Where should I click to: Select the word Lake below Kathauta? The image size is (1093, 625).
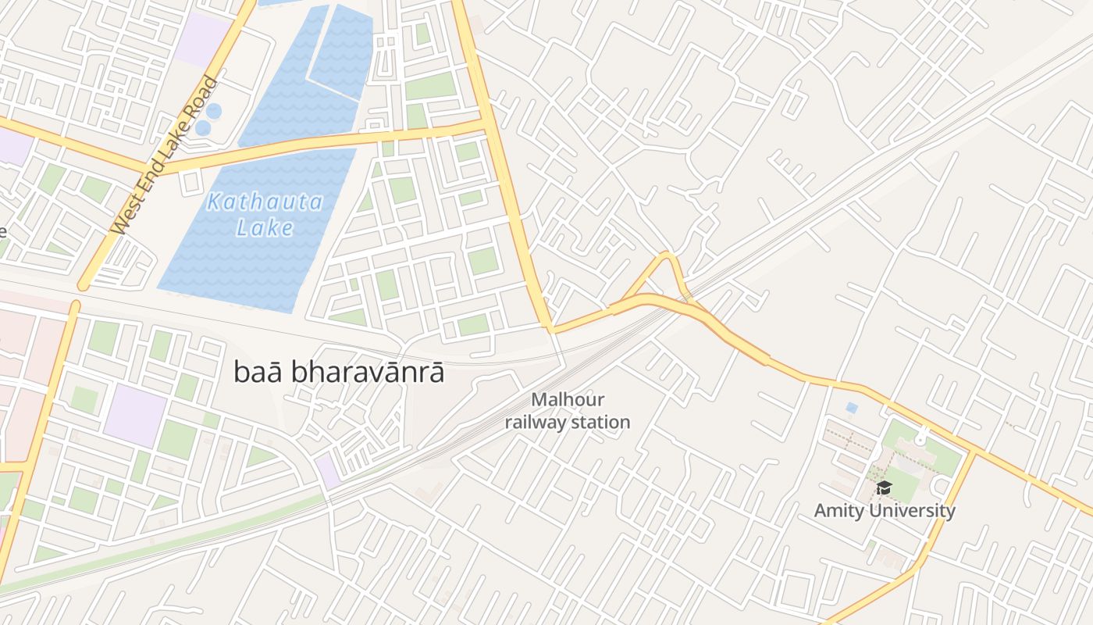(x=265, y=228)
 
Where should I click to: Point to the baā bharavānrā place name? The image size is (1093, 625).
(x=339, y=373)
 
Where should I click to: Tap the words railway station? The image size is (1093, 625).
(x=568, y=423)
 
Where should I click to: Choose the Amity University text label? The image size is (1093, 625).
(x=885, y=511)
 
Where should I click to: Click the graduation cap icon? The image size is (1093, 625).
(x=884, y=488)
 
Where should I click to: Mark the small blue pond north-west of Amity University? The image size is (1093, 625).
(x=851, y=408)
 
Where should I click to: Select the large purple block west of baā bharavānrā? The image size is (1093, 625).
(x=135, y=415)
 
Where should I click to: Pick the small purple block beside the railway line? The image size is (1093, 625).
(x=328, y=471)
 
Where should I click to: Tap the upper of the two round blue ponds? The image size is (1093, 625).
(x=213, y=111)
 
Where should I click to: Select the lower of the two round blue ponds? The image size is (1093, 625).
(x=203, y=127)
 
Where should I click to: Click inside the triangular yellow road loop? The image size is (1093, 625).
(x=664, y=277)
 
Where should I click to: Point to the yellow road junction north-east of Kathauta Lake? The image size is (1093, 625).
(x=488, y=123)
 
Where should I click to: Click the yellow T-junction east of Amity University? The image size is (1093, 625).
(x=973, y=452)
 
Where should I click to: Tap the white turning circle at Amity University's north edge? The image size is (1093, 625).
(x=921, y=438)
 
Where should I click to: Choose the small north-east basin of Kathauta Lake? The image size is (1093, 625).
(x=342, y=48)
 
